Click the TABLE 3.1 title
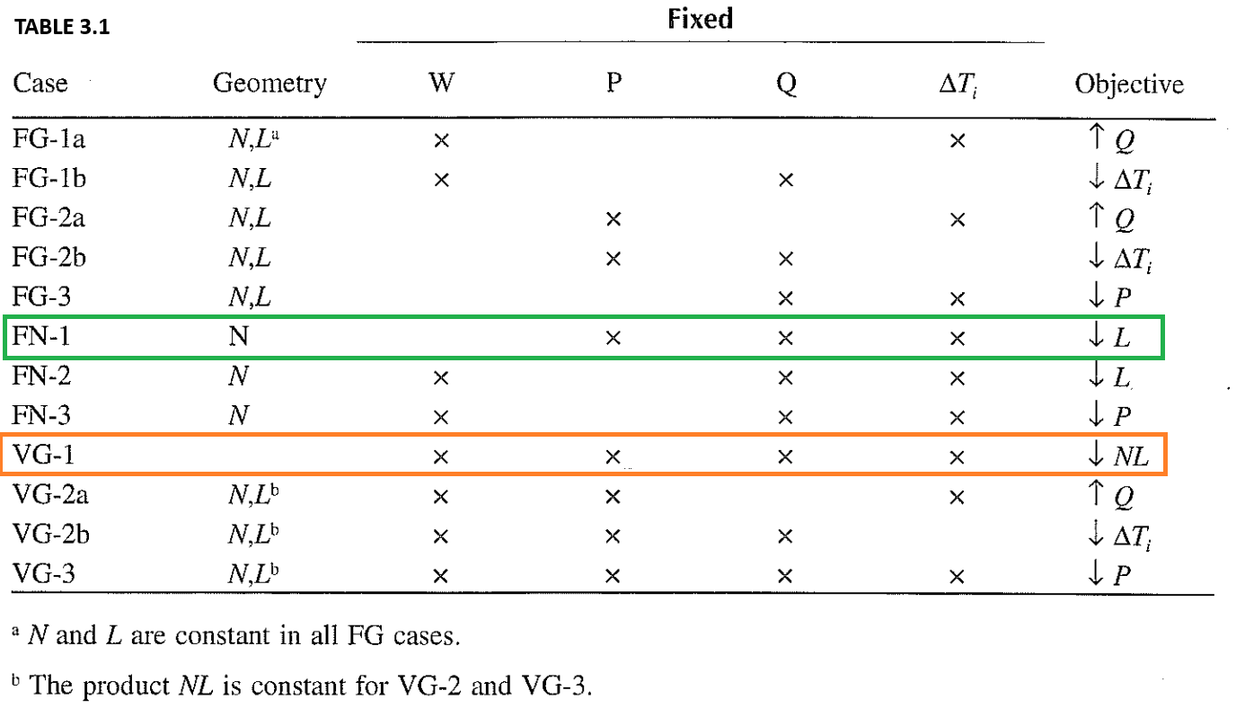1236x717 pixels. click(60, 28)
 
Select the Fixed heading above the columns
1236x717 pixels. click(700, 19)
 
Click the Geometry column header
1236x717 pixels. click(269, 84)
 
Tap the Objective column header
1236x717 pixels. click(1128, 84)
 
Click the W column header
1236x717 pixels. click(440, 84)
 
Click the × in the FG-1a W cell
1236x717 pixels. click(440, 140)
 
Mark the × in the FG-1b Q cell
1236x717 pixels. click(785, 180)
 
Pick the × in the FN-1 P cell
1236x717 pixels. click(614, 339)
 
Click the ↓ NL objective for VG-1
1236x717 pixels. click(1117, 456)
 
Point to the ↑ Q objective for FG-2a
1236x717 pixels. click(1108, 218)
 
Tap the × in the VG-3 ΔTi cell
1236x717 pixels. click(957, 576)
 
